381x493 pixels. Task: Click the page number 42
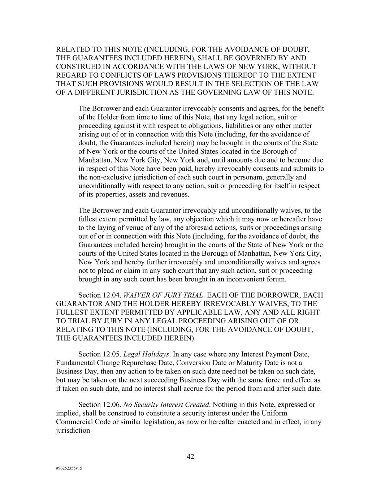point(190,457)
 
